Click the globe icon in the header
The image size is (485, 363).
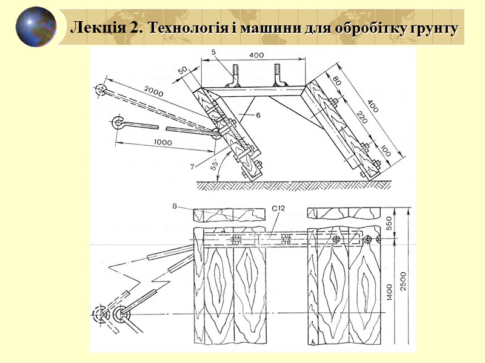tap(36, 27)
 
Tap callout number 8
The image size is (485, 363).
tap(175, 207)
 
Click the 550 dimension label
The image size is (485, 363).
tap(396, 223)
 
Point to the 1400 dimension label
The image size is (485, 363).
tap(396, 295)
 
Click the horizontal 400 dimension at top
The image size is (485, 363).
tap(256, 55)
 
